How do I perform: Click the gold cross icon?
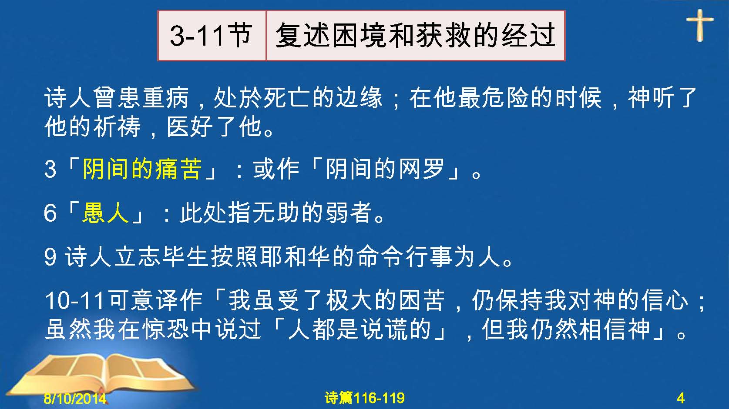tap(699, 25)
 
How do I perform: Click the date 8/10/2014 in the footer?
tap(75, 398)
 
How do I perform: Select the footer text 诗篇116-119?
tap(365, 398)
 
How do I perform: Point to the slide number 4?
tap(681, 398)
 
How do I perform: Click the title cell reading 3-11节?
tap(212, 36)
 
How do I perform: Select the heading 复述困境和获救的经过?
tap(415, 36)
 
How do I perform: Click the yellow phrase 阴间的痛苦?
tap(142, 169)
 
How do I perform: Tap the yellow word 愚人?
tap(105, 213)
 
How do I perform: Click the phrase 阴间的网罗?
tap(385, 169)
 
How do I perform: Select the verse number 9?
tap(50, 257)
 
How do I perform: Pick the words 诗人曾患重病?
tap(116, 97)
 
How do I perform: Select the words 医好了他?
tap(215, 126)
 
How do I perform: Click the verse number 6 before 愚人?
tap(50, 213)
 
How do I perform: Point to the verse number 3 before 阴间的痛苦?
tap(50, 169)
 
